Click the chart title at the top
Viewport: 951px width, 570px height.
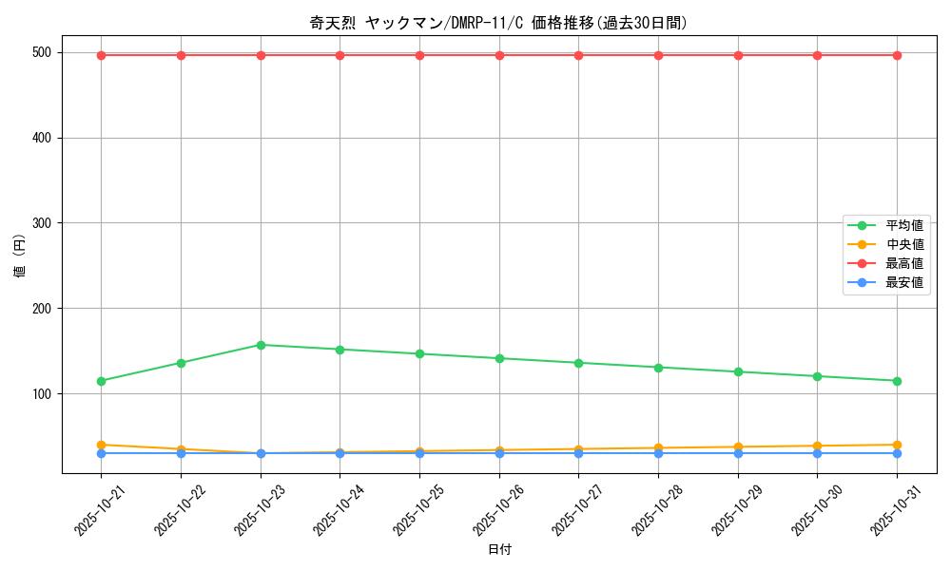(498, 23)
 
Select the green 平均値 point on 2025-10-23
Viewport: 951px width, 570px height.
(261, 345)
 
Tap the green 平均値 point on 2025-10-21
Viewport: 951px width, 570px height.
(101, 381)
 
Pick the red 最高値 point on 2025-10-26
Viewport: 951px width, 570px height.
(499, 55)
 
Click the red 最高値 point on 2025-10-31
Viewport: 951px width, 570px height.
(897, 55)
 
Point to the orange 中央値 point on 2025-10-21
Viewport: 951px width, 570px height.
(101, 445)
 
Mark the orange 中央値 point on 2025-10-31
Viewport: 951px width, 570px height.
(897, 445)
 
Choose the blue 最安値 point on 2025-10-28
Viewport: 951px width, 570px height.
(658, 453)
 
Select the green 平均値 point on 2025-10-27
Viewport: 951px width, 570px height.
(578, 363)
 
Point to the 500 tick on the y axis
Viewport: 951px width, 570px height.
(44, 52)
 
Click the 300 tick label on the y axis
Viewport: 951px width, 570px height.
(44, 223)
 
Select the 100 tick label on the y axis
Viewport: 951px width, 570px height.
(44, 393)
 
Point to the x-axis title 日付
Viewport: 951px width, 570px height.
(499, 550)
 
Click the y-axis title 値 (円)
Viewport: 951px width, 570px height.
(20, 256)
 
